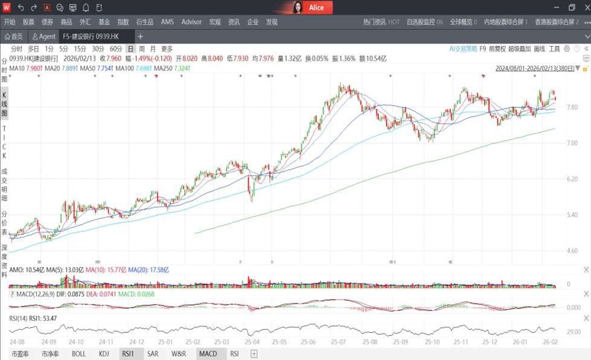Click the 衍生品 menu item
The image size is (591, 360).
pos(144,22)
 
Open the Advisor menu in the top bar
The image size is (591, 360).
pos(191,22)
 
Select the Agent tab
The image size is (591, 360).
pos(44,37)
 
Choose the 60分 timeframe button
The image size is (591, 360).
pos(115,49)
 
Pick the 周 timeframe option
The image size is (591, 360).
pos(141,49)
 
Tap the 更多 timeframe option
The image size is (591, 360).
pos(167,49)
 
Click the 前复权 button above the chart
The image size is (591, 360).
pos(497,49)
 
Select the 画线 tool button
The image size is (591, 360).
pos(539,49)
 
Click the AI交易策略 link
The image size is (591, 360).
pos(463,49)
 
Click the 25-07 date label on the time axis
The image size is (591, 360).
pos(338,342)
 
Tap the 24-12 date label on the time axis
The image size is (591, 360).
pos(136,342)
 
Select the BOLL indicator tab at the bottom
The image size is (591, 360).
pos(78,354)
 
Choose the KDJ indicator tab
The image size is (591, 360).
pos(104,354)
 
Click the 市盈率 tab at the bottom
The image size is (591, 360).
pos(20,354)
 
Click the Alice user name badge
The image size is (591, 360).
pos(316,8)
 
